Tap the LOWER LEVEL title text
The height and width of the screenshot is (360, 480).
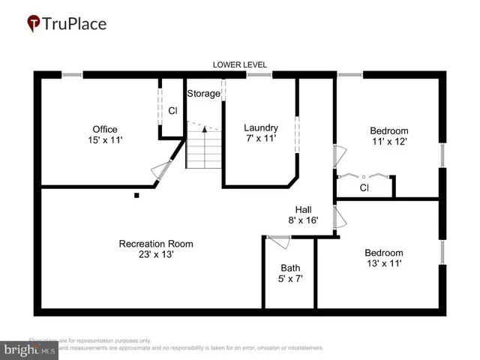239,65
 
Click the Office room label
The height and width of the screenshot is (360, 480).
104,129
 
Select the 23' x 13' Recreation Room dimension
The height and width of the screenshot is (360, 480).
155,254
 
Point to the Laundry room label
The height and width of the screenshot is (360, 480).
261,127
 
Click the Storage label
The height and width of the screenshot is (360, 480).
203,94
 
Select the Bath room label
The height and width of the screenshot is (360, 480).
289,268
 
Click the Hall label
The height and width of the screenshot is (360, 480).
304,209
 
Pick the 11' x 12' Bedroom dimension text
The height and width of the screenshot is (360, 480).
388,140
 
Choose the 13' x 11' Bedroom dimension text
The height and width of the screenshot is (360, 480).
383,263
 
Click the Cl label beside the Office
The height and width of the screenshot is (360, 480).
172,111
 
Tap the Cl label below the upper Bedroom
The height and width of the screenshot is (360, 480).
364,187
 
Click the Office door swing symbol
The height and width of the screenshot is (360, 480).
159,172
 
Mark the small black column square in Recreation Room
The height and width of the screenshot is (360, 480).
136,196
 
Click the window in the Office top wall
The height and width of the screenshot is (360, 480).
72,74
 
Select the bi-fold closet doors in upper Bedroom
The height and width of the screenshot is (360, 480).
364,175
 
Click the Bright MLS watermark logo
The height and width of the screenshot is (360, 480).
30,349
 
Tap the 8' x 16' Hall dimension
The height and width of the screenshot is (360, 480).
303,220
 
